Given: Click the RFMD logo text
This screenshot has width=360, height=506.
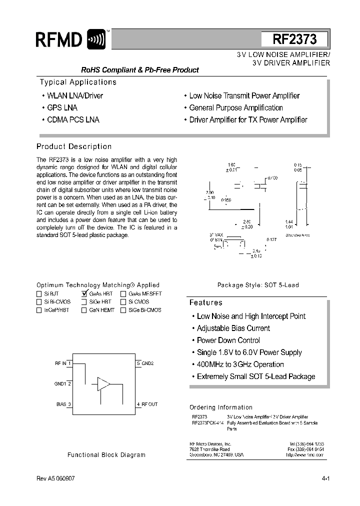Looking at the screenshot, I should pyautogui.click(x=59, y=39).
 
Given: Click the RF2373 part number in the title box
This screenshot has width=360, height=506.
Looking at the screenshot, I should pyautogui.click(x=294, y=39).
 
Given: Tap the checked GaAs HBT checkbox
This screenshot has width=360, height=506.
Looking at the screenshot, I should pyautogui.click(x=84, y=294).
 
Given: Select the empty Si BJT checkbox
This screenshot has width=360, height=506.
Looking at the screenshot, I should pyautogui.click(x=39, y=294).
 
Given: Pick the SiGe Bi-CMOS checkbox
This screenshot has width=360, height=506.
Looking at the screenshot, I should pyautogui.click(x=123, y=310).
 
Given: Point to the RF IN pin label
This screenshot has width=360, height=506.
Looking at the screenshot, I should pyautogui.click(x=60, y=363).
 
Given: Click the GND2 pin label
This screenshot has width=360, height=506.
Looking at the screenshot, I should pyautogui.click(x=147, y=363).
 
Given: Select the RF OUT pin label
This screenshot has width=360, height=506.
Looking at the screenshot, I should pyautogui.click(x=149, y=404).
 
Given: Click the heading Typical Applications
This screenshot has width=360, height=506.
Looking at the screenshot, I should pyautogui.click(x=78, y=82).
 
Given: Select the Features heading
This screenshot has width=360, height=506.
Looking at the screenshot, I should pyautogui.click(x=206, y=302).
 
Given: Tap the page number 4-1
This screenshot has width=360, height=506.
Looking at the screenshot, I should pyautogui.click(x=326, y=478).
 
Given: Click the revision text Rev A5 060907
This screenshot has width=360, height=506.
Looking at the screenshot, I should pyautogui.click(x=56, y=478).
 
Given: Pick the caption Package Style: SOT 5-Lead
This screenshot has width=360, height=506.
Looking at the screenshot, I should pyautogui.click(x=257, y=285).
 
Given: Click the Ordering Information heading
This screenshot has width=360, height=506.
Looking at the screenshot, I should pyautogui.click(x=221, y=407).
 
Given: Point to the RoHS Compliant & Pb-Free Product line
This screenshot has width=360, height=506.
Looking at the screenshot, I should pyautogui.click(x=140, y=70).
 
